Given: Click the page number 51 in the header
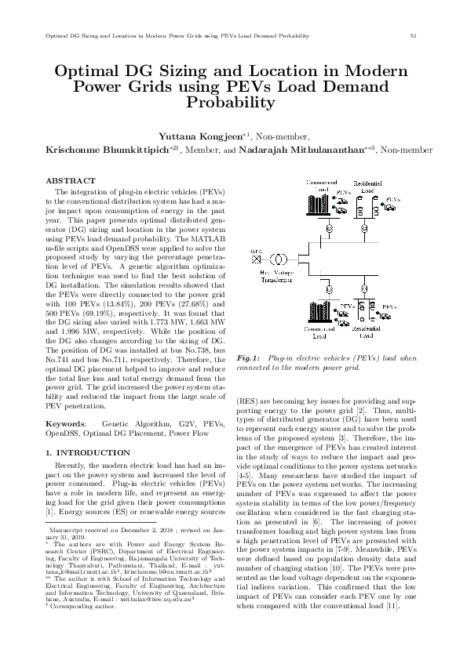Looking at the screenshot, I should (x=413, y=36).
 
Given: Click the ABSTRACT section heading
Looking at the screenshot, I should (x=66, y=180).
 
